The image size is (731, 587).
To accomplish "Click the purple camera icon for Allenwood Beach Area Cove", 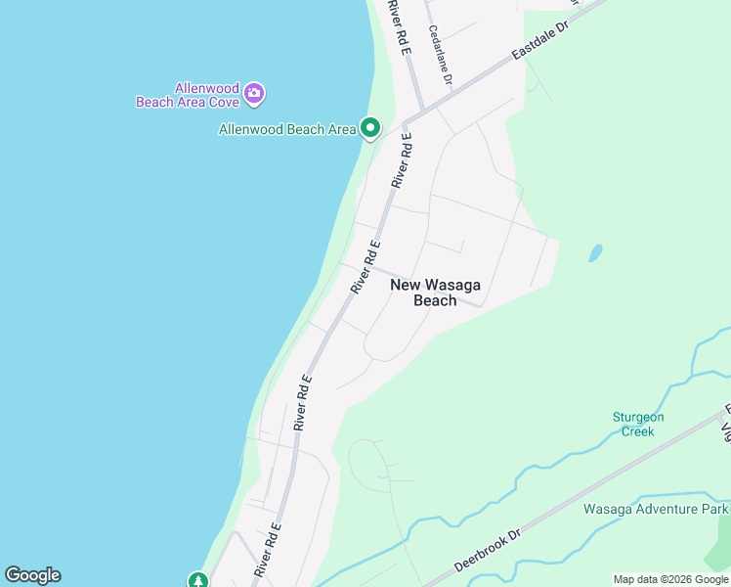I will tap(254, 94).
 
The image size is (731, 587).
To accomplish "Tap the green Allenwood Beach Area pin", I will tap(370, 128).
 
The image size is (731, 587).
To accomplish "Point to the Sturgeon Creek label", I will tap(638, 424).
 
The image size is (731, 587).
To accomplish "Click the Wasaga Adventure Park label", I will tap(655, 509).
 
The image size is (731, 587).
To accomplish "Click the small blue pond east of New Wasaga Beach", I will tap(595, 253).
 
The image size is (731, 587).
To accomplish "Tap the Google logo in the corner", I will tap(32, 575).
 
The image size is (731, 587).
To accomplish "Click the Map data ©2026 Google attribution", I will tap(670, 579).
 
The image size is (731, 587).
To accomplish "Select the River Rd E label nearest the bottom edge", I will tap(268, 549).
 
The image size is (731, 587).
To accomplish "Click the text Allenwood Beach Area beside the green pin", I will tap(287, 129).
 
